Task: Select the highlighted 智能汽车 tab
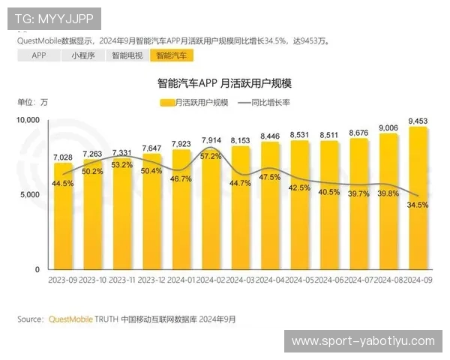pyautogui.click(x=171, y=55)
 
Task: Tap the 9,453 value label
pyautogui.click(x=418, y=120)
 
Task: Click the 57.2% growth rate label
pyautogui.click(x=211, y=156)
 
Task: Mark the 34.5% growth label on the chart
pyautogui.click(x=418, y=204)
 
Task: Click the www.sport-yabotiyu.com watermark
pyautogui.click(x=362, y=341)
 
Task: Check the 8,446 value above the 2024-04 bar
pyautogui.click(x=270, y=136)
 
